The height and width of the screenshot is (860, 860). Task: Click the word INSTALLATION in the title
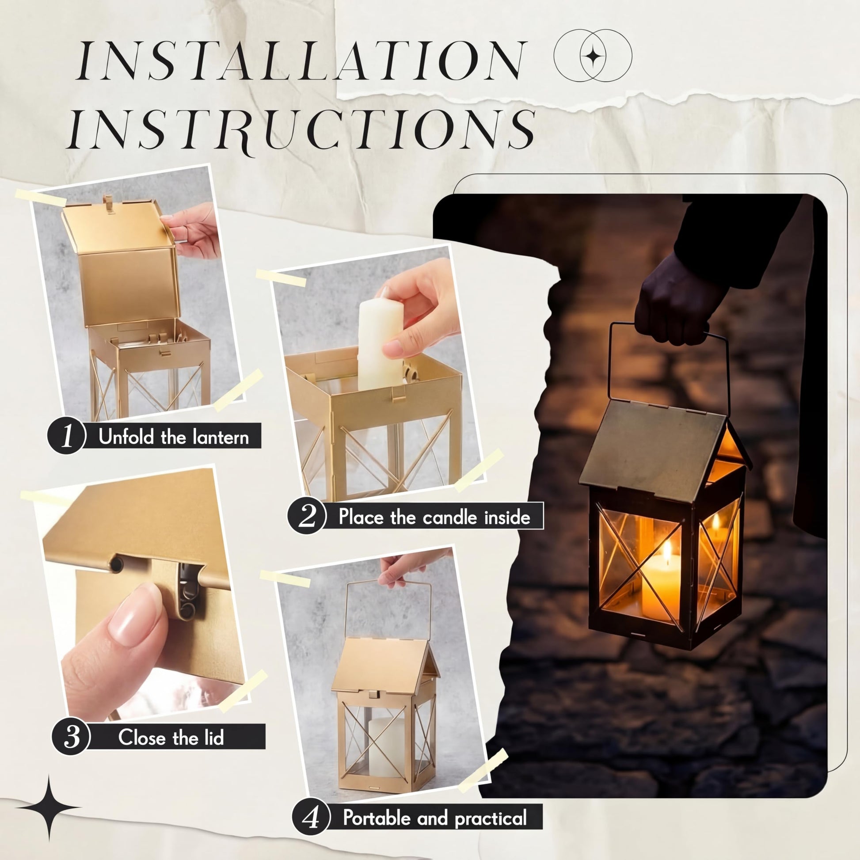[x=301, y=61]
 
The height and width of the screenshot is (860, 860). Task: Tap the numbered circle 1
[x=66, y=435]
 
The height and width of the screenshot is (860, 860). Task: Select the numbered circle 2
[x=306, y=516]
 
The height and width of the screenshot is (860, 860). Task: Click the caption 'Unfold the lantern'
[x=174, y=437]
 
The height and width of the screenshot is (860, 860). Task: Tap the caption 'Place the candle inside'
[x=434, y=517]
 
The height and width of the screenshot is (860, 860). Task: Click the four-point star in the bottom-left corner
[x=49, y=807]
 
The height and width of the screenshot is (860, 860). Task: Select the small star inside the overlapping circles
[x=593, y=56]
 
